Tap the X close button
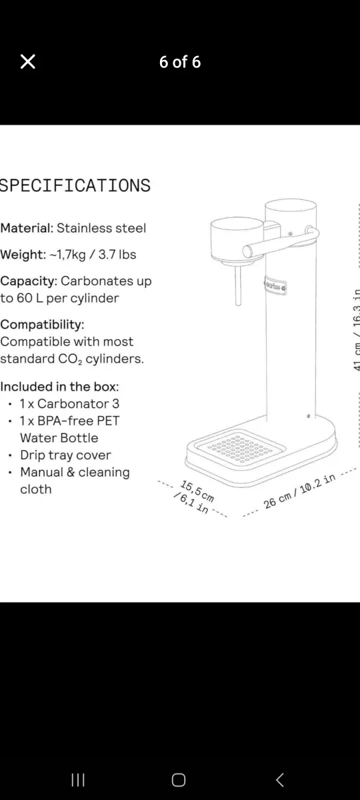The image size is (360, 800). (x=27, y=62)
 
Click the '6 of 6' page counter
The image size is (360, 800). (x=180, y=62)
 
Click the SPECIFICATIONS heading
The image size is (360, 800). (x=75, y=185)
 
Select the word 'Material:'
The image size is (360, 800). (x=27, y=228)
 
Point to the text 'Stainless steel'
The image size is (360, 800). (x=101, y=228)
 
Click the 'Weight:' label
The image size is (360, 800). (x=21, y=255)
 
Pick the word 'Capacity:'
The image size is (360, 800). (x=29, y=281)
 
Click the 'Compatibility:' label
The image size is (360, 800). (x=42, y=325)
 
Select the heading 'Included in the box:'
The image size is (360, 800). (x=59, y=387)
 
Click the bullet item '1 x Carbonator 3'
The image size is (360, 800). (x=69, y=404)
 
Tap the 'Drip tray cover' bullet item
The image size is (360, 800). (x=65, y=455)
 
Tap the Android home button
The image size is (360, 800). (x=179, y=761)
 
